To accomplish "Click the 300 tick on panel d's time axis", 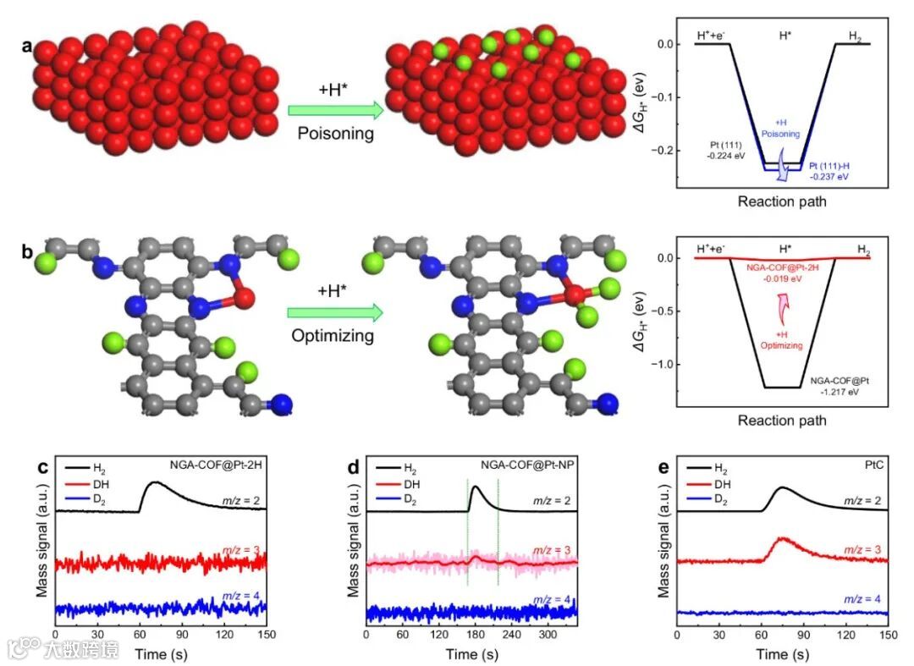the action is click(550, 632).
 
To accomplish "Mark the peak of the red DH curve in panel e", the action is click(781, 539).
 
